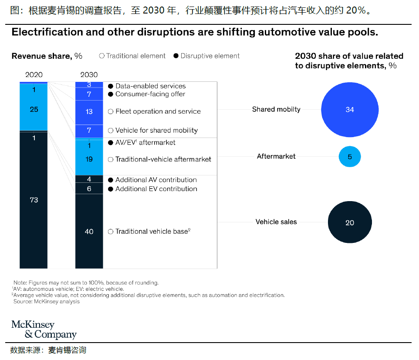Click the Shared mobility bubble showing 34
(350, 110)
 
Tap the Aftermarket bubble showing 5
(350, 156)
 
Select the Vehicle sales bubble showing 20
(350, 222)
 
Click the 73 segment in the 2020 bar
(34, 200)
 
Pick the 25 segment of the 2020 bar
(34, 109)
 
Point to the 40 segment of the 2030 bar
(89, 231)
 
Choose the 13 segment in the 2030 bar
(89, 112)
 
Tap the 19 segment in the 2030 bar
(89, 159)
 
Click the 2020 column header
(34, 75)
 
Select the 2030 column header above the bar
(89, 75)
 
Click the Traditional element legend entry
(132, 56)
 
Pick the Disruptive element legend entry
(206, 56)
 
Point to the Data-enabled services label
(150, 86)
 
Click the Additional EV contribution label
(156, 189)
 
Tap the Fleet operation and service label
(158, 112)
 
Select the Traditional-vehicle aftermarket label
(163, 159)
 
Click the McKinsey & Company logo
(44, 330)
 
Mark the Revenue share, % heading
(47, 56)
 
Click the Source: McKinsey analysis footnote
(47, 301)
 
